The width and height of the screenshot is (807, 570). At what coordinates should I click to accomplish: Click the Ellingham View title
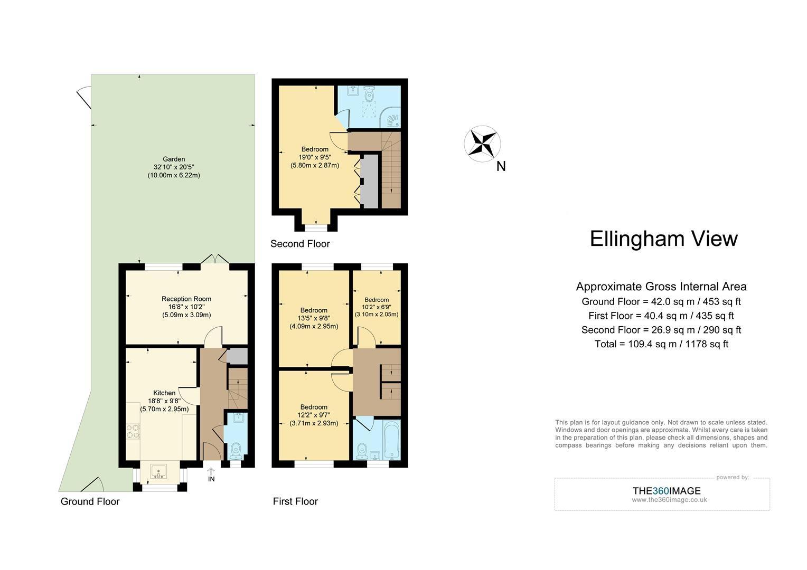pyautogui.click(x=663, y=239)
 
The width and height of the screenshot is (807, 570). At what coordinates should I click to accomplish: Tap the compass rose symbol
pyautogui.click(x=482, y=143)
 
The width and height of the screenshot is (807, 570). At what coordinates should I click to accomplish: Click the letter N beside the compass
pyautogui.click(x=501, y=167)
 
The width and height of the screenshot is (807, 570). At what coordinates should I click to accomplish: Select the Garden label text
pyautogui.click(x=173, y=159)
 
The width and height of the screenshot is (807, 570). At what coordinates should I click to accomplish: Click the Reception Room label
pyautogui.click(x=186, y=299)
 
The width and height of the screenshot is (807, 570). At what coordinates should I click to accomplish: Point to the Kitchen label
pyautogui.click(x=164, y=393)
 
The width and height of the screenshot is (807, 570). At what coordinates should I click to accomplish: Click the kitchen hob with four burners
pyautogui.click(x=133, y=432)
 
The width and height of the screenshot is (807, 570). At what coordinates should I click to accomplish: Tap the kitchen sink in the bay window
pyautogui.click(x=158, y=471)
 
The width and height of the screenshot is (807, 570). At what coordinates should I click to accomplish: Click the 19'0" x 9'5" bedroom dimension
pyautogui.click(x=315, y=157)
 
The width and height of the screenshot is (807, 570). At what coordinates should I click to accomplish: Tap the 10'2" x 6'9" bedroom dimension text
pyautogui.click(x=376, y=307)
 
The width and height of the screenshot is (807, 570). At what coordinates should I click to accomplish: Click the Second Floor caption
pyautogui.click(x=300, y=244)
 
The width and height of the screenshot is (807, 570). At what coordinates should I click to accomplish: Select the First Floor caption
pyautogui.click(x=295, y=501)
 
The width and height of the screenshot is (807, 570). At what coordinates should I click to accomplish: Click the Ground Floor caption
pyautogui.click(x=90, y=501)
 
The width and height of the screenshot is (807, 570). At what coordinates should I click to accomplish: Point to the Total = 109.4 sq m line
pyautogui.click(x=661, y=344)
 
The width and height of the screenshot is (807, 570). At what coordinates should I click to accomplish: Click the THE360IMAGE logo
pyautogui.click(x=667, y=491)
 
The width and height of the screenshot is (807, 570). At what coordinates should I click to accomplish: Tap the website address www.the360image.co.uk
pyautogui.click(x=669, y=500)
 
